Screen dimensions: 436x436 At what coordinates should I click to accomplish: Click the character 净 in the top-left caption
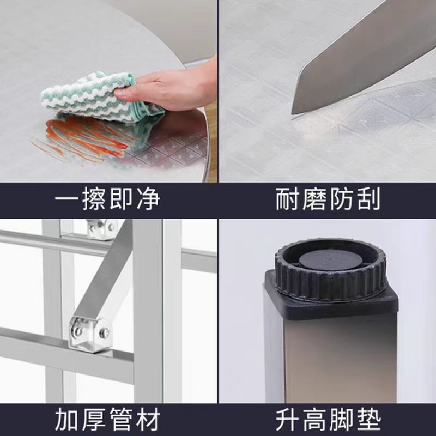pos(146,200)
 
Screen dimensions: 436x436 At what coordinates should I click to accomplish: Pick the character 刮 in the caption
pos(366,200)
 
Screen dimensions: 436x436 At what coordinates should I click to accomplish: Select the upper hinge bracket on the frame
pos(102,228)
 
